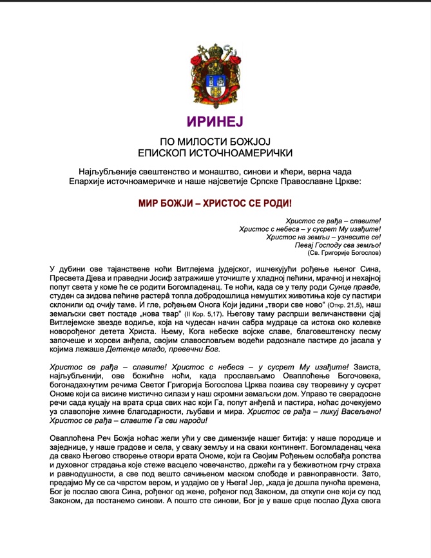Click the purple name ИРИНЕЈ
point(215,122)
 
